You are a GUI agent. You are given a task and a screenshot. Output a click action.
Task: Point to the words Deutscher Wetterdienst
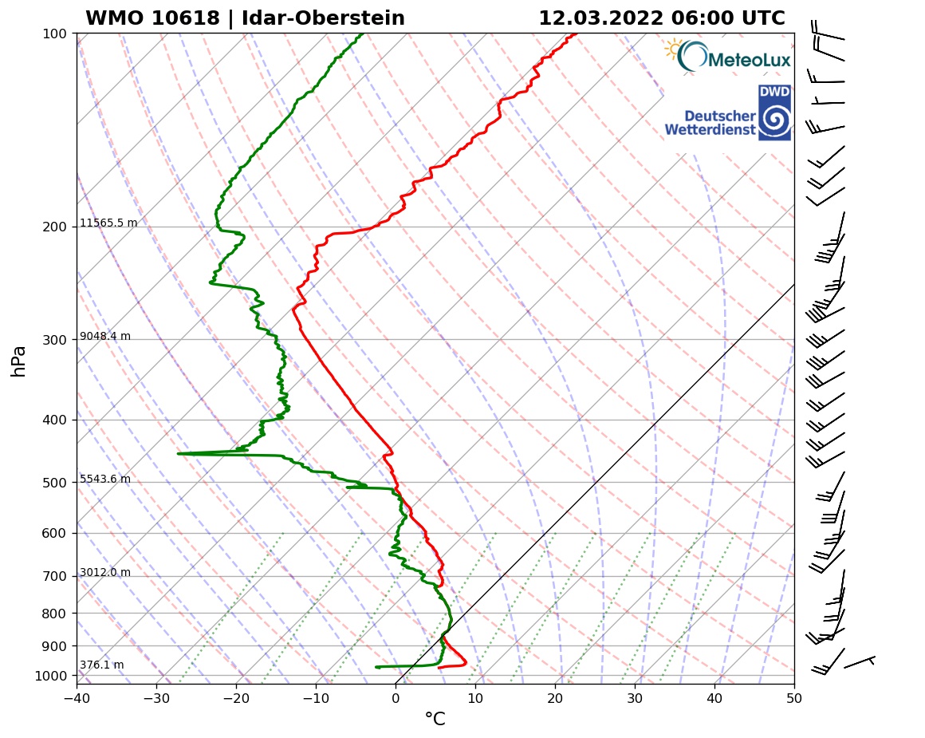point(710,123)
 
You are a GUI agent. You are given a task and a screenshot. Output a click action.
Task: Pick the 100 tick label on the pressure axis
point(54,34)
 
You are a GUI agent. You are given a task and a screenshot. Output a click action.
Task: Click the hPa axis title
point(19,361)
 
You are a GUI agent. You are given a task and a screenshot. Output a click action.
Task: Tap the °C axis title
point(435,720)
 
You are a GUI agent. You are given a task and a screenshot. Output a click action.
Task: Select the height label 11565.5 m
point(108,223)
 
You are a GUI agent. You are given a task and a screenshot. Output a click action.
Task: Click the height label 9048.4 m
point(104,337)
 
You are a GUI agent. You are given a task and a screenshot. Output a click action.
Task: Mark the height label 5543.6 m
point(104,480)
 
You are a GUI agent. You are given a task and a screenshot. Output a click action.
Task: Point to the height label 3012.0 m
point(104,573)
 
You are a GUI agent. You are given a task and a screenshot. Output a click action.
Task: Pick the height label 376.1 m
point(101,665)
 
